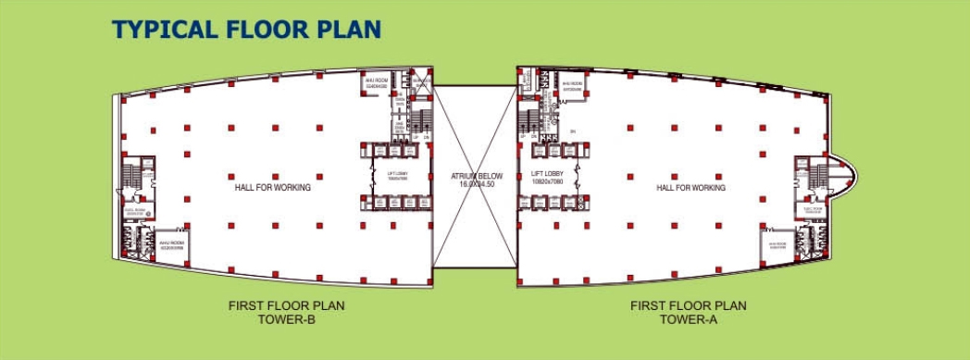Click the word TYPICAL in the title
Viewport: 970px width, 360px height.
click(163, 29)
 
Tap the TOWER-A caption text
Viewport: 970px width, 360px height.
click(688, 320)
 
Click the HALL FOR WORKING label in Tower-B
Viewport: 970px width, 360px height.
click(272, 187)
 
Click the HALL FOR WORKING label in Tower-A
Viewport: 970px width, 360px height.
click(690, 187)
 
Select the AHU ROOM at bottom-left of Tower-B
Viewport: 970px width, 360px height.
click(172, 244)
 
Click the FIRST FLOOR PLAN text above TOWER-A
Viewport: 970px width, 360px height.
click(688, 305)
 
